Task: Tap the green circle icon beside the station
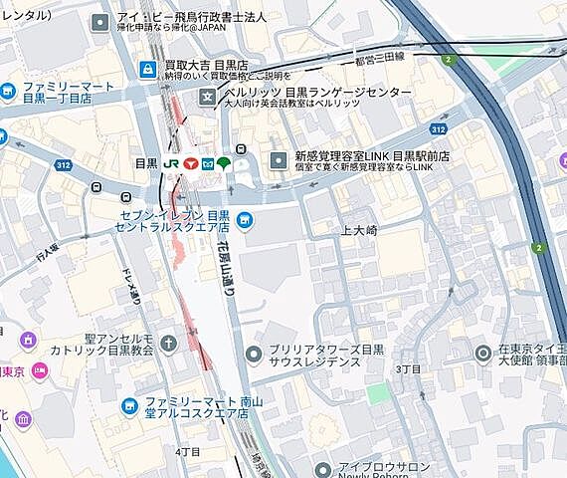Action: [224, 163]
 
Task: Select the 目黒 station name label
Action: [145, 163]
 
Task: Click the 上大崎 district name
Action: [360, 230]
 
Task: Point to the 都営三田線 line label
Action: [379, 57]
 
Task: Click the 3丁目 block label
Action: [409, 368]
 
